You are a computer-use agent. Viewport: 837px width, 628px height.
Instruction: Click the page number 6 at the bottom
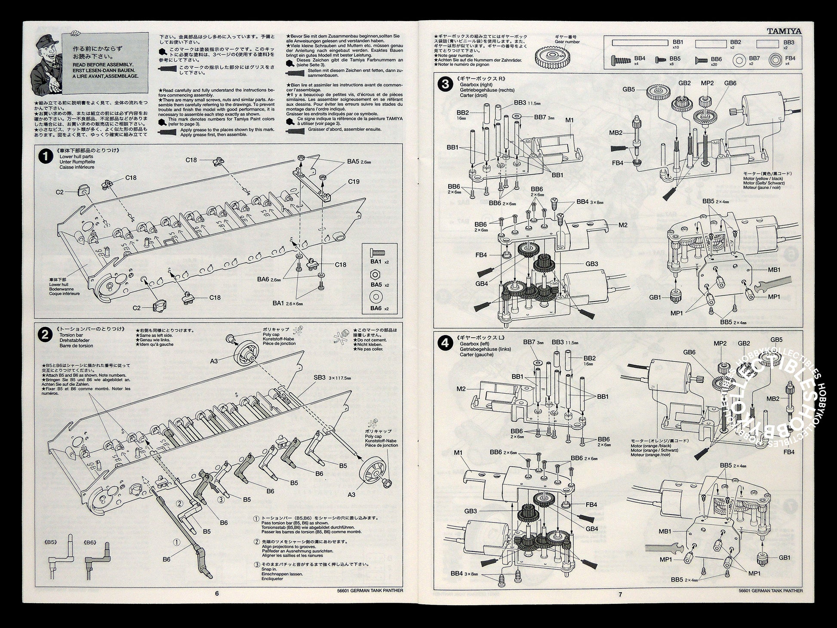[x=217, y=593]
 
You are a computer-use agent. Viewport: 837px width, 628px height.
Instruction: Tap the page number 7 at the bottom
[x=620, y=594]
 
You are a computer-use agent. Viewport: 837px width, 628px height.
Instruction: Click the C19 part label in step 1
[x=353, y=182]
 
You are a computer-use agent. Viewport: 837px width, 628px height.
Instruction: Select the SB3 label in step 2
[x=319, y=377]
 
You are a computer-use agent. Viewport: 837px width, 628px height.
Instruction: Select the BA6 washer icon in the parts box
[x=377, y=297]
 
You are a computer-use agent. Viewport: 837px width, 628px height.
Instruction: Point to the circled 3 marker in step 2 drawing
[x=221, y=499]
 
